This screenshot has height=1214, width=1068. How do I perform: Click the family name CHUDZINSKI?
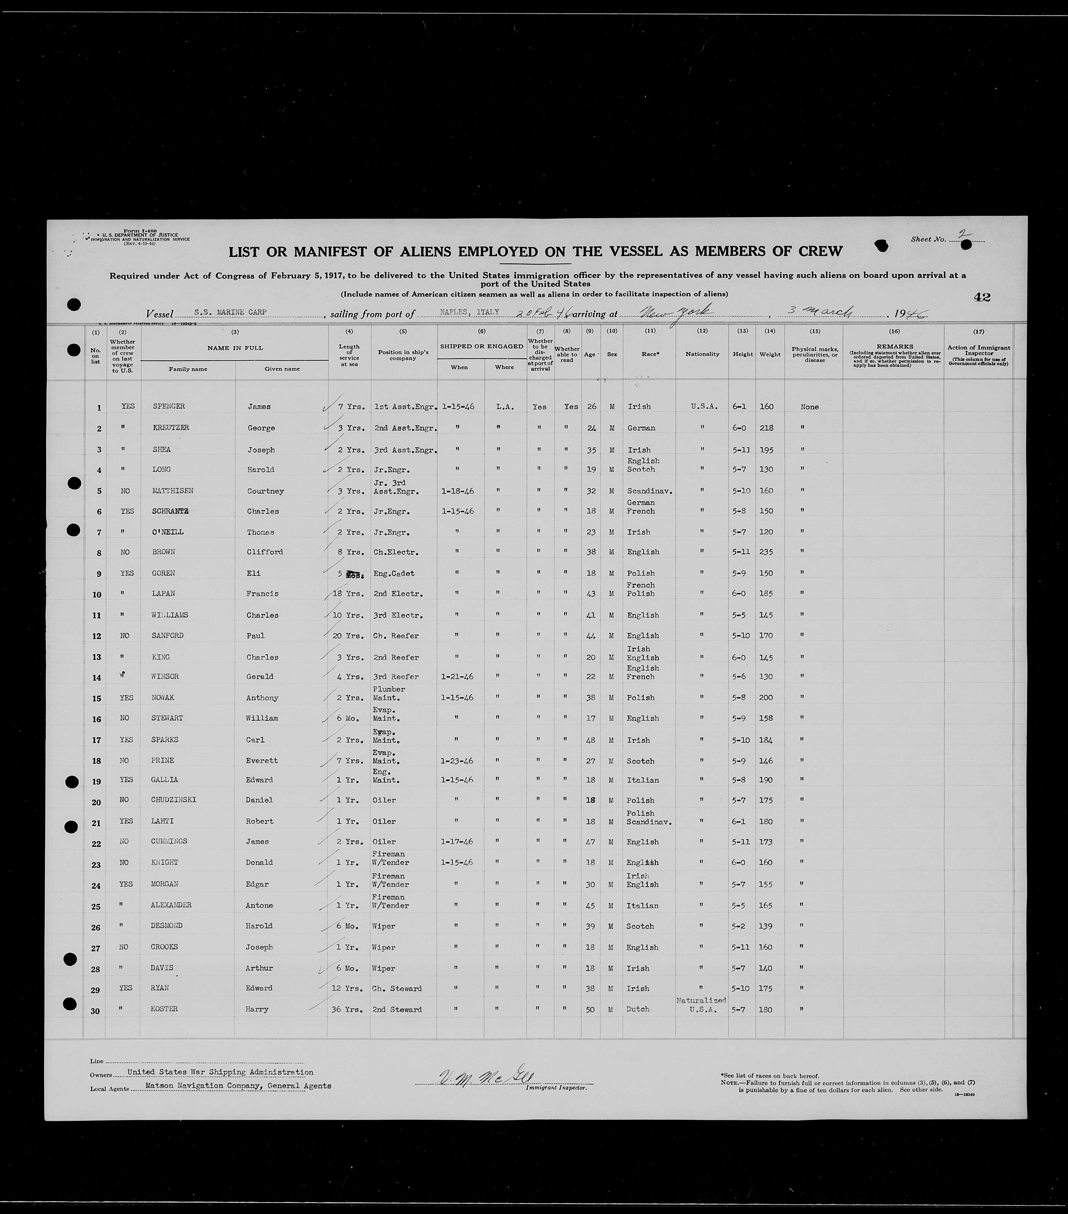173,799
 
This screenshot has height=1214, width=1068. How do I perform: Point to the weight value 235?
766,552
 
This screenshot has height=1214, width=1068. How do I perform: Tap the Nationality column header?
702,354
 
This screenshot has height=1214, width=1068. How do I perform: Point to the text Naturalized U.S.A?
702,1004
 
